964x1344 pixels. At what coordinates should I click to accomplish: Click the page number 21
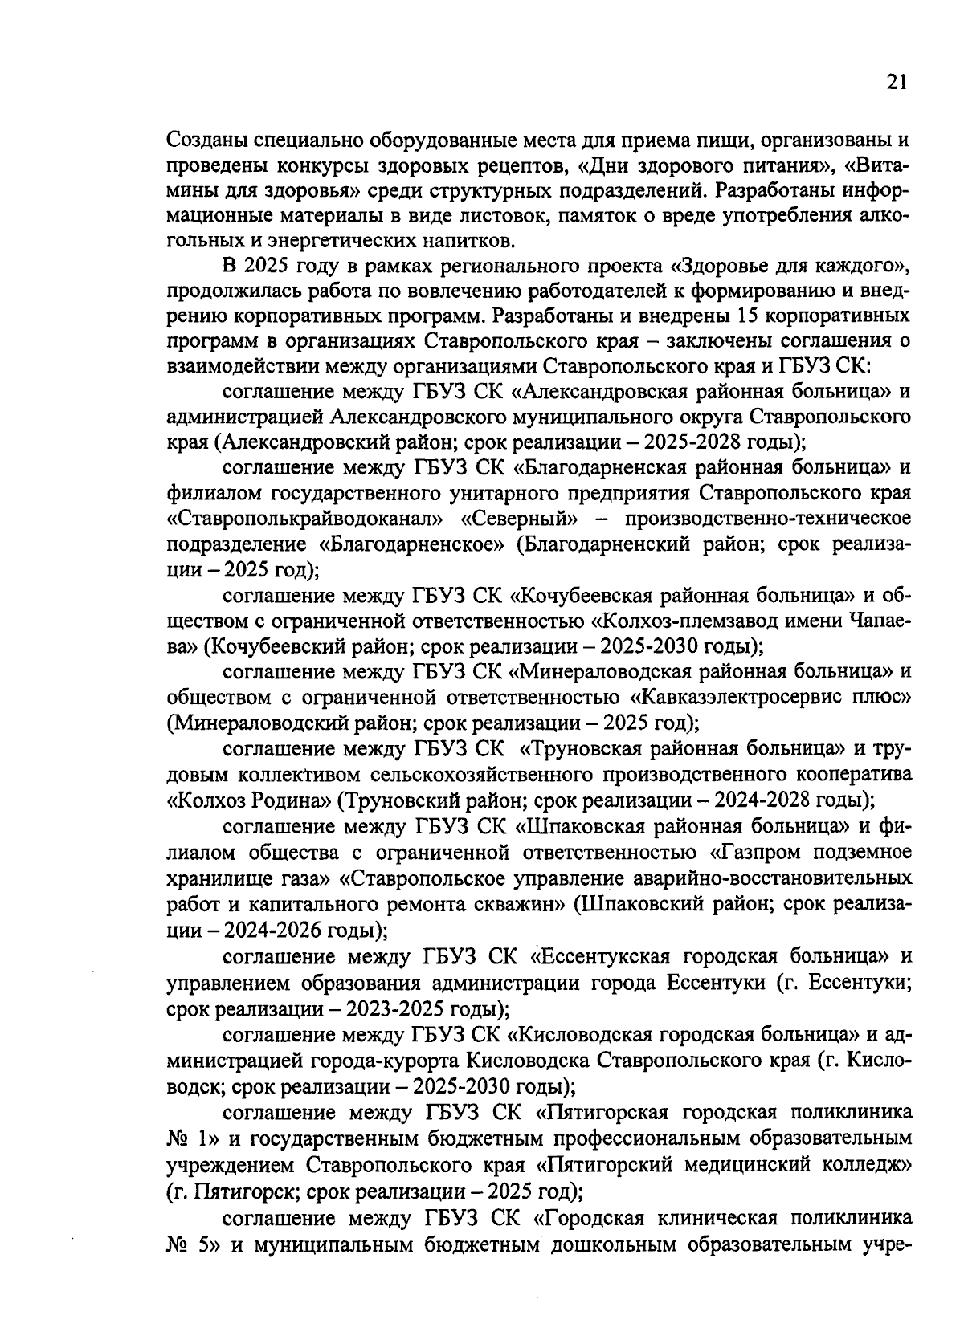point(897,82)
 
